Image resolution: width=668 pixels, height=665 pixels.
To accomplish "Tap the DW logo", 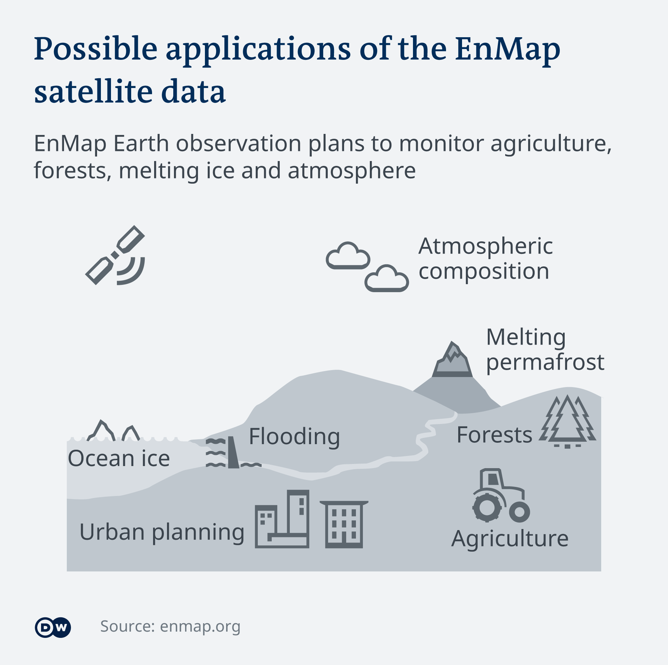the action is coord(53,627).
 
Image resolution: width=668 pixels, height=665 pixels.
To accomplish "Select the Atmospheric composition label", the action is coord(485,258).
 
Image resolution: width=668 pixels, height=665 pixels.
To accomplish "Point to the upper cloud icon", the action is coord(348,256).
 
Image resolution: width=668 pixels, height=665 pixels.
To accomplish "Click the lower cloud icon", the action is coord(387,278).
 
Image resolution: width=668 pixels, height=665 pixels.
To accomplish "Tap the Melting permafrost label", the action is coord(545,350).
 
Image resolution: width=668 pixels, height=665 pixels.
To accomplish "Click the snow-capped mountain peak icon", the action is coord(452,360).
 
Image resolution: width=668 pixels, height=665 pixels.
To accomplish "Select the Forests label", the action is coord(494,435).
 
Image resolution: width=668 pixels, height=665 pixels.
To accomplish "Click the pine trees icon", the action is coord(567,421).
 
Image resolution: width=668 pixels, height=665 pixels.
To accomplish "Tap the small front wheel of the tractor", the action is coord(519,512).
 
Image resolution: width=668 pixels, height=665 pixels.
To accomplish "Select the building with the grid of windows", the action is coord(344,524).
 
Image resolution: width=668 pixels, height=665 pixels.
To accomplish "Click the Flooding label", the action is coord(294,437).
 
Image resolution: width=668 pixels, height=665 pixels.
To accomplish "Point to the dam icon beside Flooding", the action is coord(233,452).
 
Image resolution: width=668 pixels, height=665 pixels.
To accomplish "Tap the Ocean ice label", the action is coord(119,458).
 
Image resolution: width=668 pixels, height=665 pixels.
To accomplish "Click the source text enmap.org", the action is coord(200,627).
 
